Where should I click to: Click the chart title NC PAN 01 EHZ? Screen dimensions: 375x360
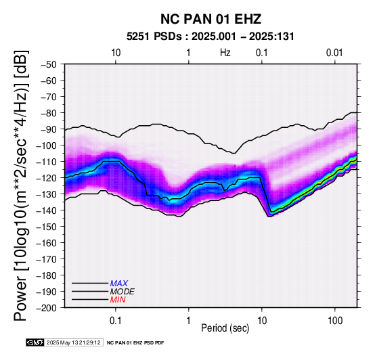coord(211,19)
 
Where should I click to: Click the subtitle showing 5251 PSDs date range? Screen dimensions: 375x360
coord(211,37)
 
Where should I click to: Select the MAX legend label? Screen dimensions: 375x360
coord(119,284)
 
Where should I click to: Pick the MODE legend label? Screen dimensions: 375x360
coord(123,292)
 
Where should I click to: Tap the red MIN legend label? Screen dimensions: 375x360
coord(118,300)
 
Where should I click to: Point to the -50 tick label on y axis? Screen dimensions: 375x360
coord(49,64)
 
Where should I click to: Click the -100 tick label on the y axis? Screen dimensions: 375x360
coord(47,145)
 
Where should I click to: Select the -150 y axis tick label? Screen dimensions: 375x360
coord(47,227)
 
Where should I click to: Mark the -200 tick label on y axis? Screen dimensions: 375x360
coord(47,308)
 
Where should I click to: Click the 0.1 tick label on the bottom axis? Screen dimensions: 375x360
coord(116,321)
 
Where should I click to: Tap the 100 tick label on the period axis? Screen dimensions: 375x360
coord(335,321)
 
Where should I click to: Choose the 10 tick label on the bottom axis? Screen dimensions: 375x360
coord(262,321)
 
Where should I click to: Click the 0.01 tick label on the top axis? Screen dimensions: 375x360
coord(334,53)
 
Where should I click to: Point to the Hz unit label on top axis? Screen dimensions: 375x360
coord(225,53)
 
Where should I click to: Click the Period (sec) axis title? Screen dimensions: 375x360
coord(225,328)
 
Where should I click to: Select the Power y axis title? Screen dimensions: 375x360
coord(21,185)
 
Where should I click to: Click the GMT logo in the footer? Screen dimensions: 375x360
coord(35,342)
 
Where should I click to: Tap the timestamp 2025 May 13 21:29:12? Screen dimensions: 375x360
coord(74,342)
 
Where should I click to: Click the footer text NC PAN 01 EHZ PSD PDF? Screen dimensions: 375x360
coord(135,343)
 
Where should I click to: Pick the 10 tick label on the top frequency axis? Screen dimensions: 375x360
coord(116,53)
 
